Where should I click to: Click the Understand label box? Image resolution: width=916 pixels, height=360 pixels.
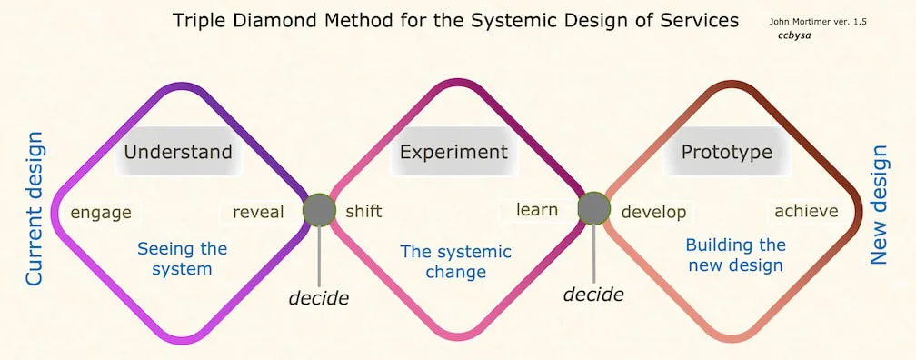pyautogui.click(x=178, y=151)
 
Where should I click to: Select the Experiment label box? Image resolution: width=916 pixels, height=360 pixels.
pyautogui.click(x=453, y=151)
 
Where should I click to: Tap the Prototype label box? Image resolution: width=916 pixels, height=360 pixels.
pyautogui.click(x=726, y=151)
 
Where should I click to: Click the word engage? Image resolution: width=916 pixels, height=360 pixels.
pyautogui.click(x=101, y=213)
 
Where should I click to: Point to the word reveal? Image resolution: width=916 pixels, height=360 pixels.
pyautogui.click(x=258, y=213)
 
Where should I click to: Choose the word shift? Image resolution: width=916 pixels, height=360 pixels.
pyautogui.click(x=363, y=212)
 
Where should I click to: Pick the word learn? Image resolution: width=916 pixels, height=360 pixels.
pyautogui.click(x=537, y=210)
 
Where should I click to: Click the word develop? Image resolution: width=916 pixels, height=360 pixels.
pyautogui.click(x=653, y=213)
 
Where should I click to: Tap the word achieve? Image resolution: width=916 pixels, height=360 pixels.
pyautogui.click(x=806, y=211)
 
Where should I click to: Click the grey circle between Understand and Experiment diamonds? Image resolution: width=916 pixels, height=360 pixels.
pyautogui.click(x=319, y=210)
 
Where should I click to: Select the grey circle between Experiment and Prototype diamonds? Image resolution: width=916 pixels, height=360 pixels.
pyautogui.click(x=594, y=208)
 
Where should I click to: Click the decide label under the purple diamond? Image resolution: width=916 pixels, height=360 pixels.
pyautogui.click(x=319, y=297)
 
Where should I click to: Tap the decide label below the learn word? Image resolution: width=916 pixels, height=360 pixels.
pyautogui.click(x=593, y=294)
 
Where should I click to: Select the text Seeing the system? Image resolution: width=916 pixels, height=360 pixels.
pyautogui.click(x=182, y=258)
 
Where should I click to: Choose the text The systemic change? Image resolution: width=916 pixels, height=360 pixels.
pyautogui.click(x=455, y=261)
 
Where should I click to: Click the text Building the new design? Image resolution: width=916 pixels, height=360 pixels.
pyautogui.click(x=735, y=255)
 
